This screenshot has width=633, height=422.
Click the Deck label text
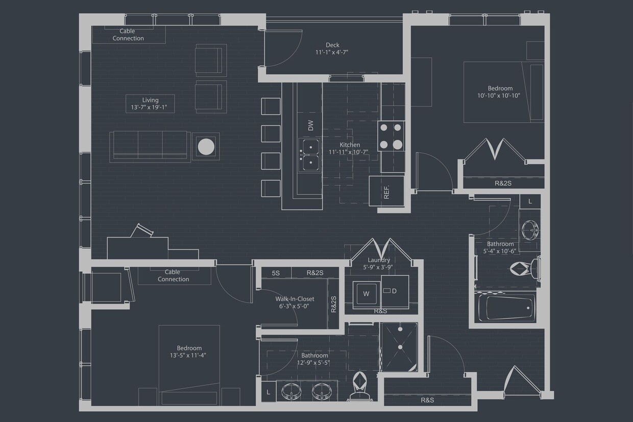click(332, 45)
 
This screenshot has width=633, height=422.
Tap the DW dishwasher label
click(310, 125)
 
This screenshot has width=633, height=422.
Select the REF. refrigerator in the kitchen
click(386, 191)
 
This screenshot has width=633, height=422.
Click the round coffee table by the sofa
click(206, 147)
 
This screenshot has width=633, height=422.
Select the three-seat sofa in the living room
click(150, 146)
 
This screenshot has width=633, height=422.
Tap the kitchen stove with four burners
click(391, 136)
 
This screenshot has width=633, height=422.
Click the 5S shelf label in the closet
click(276, 273)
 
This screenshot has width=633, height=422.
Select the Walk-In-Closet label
click(295, 299)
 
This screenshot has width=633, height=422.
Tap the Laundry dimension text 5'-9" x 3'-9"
click(378, 267)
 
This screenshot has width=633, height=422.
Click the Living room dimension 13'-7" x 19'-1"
click(151, 108)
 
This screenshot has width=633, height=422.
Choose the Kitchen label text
click(350, 145)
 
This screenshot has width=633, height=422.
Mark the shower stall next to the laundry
click(399, 347)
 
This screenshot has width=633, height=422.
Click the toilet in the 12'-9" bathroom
click(359, 386)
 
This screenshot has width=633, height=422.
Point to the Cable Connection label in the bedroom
click(173, 276)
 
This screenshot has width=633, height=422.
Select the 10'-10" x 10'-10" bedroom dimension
click(500, 96)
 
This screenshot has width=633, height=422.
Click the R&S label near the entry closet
click(427, 400)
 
